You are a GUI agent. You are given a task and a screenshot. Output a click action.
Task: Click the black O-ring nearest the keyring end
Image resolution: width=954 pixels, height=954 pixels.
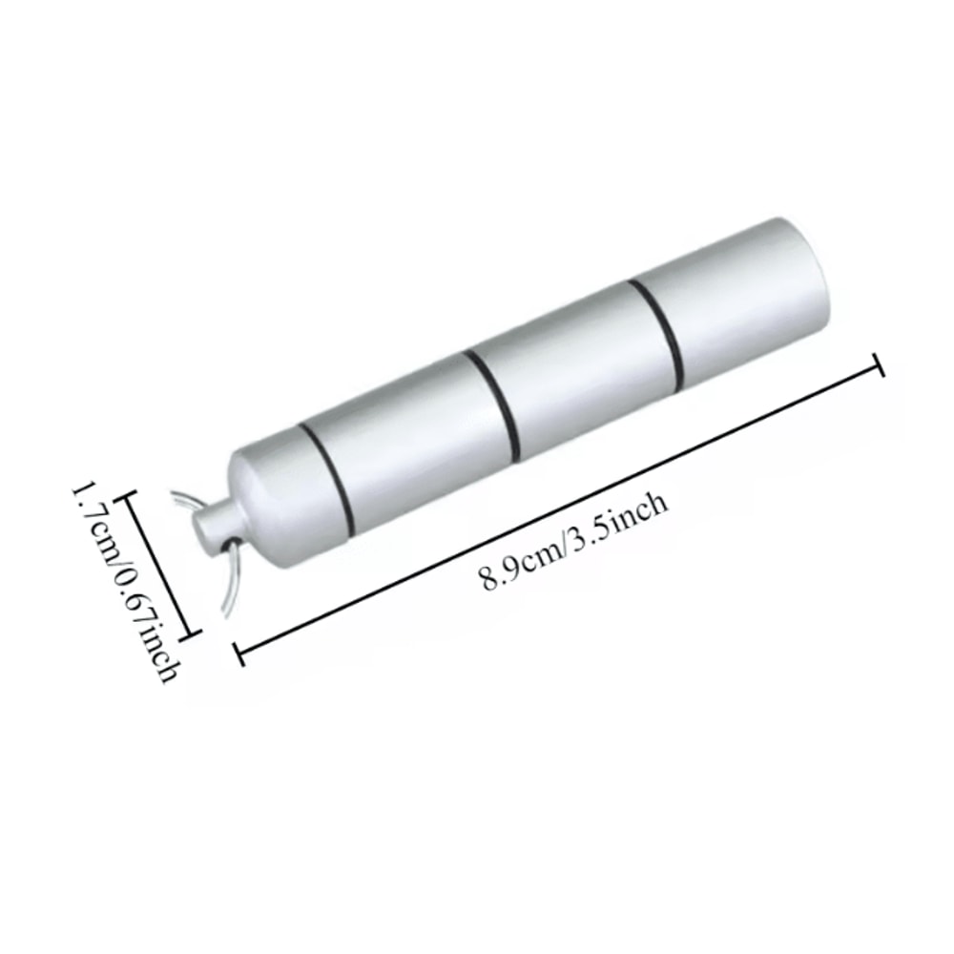pyautogui.click(x=330, y=477)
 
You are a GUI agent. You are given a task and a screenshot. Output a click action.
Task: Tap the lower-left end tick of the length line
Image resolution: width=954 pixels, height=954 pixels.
pyautogui.click(x=238, y=653)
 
